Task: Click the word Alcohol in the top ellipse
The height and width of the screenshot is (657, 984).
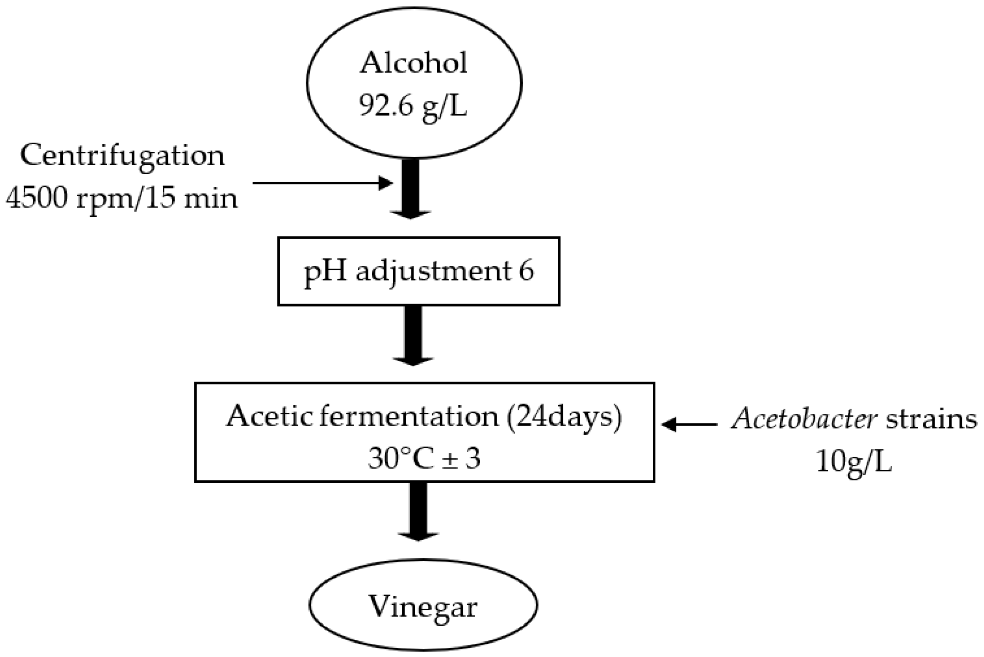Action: click(413, 63)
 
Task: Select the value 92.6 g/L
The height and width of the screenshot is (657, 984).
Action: click(413, 106)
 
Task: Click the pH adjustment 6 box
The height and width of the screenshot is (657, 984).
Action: click(419, 271)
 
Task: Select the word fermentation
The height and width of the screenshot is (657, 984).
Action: click(409, 417)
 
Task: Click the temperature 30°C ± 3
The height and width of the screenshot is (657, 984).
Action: click(424, 459)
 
